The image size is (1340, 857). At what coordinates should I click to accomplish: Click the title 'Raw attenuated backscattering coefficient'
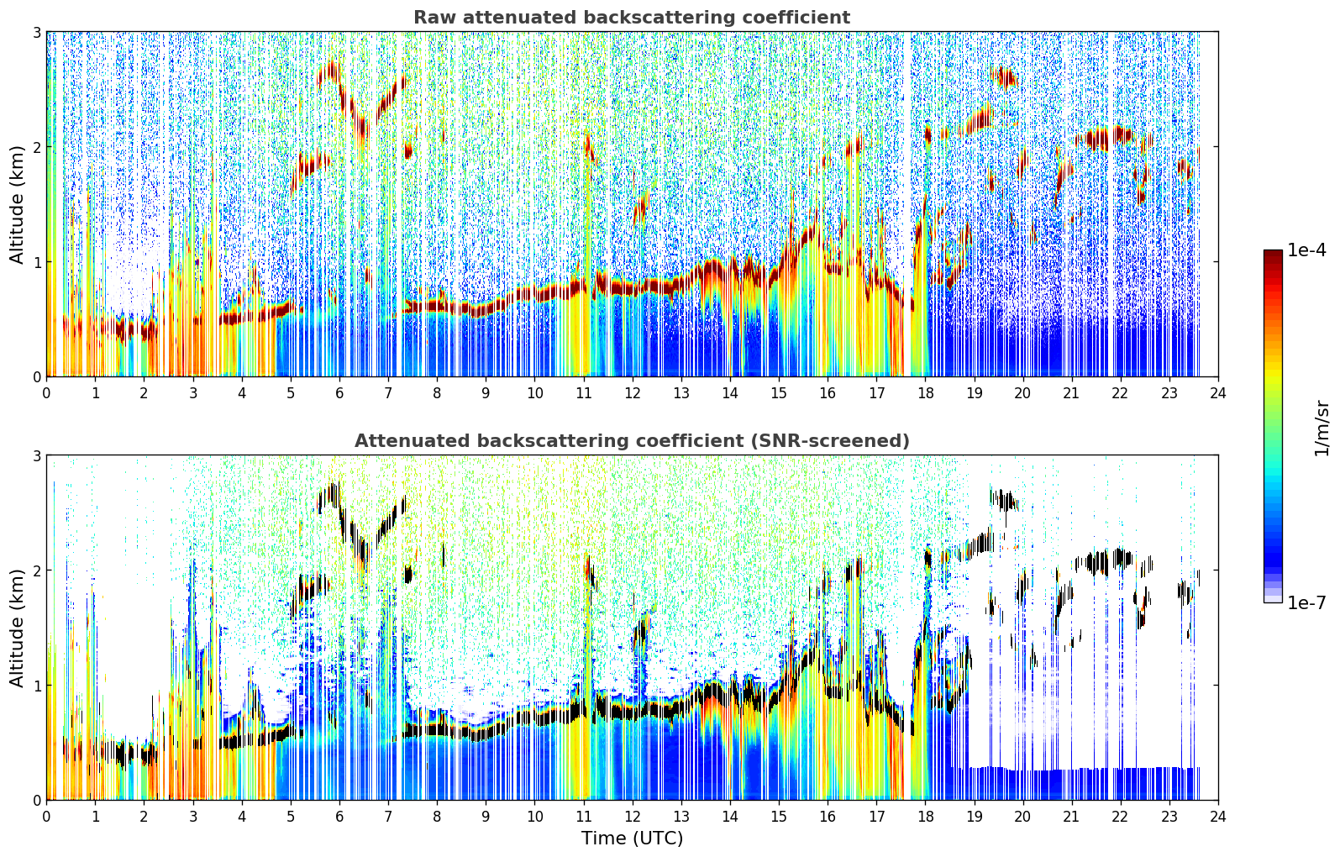click(x=632, y=18)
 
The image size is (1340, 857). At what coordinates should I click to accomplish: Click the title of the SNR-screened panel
click(x=632, y=441)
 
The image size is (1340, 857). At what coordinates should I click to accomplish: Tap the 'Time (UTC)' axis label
click(x=632, y=839)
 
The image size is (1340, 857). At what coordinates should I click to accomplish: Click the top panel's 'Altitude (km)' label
click(x=17, y=205)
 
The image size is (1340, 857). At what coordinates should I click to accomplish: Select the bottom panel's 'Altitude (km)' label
click(x=17, y=628)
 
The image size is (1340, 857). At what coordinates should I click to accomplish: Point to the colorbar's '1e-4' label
click(x=1306, y=250)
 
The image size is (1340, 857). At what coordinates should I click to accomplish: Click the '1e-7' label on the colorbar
click(x=1306, y=602)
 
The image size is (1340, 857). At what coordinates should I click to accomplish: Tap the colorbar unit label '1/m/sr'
click(x=1322, y=428)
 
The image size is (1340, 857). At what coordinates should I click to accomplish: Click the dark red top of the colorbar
click(x=1273, y=253)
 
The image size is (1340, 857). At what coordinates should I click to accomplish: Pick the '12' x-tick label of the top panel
click(x=633, y=393)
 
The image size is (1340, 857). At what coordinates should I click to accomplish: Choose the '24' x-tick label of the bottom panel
click(x=1218, y=817)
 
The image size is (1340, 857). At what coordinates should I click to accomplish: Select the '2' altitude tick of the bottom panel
click(x=36, y=570)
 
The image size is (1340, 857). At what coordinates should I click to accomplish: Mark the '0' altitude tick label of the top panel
click(x=36, y=377)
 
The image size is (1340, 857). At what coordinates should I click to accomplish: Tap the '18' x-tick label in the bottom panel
click(x=926, y=817)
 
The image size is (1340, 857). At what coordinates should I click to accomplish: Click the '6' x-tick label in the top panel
click(x=339, y=393)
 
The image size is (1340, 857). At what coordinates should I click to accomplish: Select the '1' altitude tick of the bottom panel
click(x=36, y=686)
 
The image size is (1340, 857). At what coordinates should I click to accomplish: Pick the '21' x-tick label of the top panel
click(x=1071, y=393)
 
